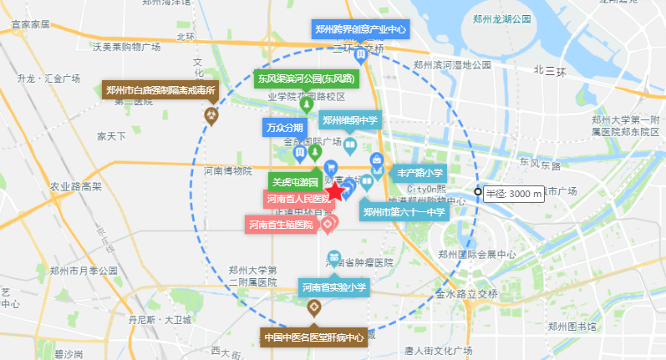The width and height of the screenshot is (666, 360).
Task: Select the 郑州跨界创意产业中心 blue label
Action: (x=361, y=29)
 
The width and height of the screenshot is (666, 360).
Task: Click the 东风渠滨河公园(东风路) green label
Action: (x=306, y=79)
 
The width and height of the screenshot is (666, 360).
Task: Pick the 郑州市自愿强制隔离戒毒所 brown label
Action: (x=160, y=89)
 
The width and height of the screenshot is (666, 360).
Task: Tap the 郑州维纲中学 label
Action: (x=350, y=120)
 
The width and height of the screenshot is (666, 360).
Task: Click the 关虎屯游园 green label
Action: (x=292, y=180)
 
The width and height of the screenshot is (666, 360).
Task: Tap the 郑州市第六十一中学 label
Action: (x=404, y=211)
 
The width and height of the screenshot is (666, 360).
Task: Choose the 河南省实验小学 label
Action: (x=334, y=287)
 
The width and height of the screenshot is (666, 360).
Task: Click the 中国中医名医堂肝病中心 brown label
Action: (x=313, y=337)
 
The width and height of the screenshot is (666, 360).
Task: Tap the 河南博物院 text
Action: (x=227, y=171)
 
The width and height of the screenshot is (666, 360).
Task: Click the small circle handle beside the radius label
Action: (x=477, y=193)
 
